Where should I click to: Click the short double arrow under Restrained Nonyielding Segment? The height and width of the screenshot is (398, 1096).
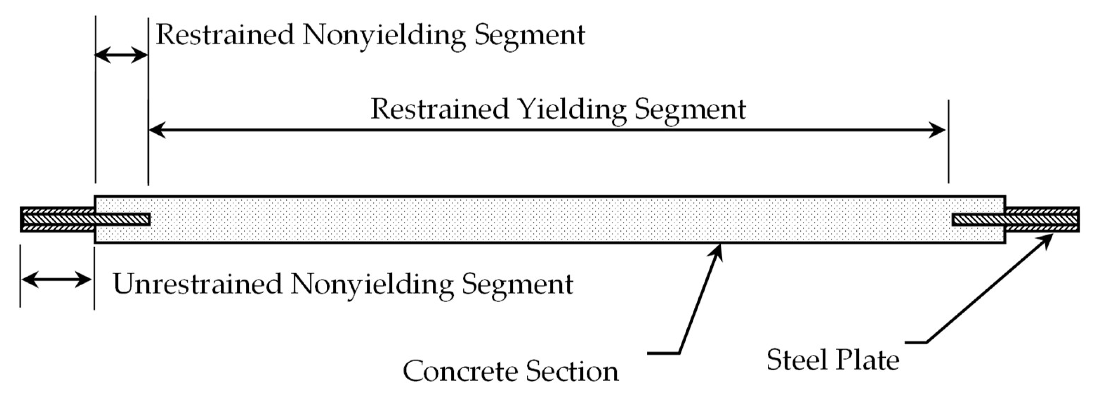121,55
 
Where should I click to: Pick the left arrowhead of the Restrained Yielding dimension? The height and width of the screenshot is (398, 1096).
156,130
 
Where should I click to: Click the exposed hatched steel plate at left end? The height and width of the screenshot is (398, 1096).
57,220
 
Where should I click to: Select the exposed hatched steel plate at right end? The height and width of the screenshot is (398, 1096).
1042,220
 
